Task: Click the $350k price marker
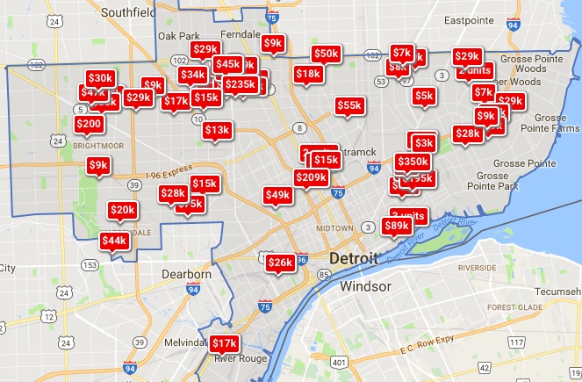click(x=413, y=162)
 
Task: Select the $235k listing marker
click(x=241, y=84)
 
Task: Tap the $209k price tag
click(x=311, y=177)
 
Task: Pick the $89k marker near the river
click(x=397, y=226)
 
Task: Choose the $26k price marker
click(x=280, y=263)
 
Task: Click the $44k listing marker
click(x=113, y=241)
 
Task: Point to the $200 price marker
click(x=88, y=125)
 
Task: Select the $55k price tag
click(x=348, y=105)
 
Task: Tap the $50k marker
click(x=326, y=54)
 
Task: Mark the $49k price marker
click(x=277, y=194)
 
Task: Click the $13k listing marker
click(x=216, y=130)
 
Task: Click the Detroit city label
click(x=355, y=259)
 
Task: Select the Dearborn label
click(x=187, y=275)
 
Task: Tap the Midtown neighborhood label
click(x=334, y=227)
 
